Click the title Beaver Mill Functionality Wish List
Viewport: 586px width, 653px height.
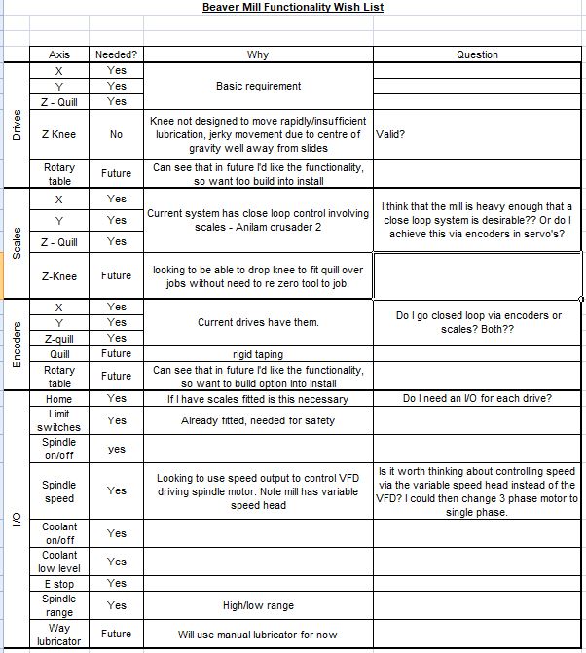pos(293,7)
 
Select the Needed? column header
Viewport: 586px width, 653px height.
pos(116,54)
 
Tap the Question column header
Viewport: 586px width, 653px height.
pos(477,54)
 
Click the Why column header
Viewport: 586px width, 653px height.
pos(258,54)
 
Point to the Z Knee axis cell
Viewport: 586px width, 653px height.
pos(59,135)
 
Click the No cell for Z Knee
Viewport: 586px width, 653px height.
pos(116,135)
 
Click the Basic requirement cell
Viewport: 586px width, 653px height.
pos(258,86)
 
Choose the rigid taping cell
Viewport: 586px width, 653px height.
pos(258,354)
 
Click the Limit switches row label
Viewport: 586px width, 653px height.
pos(59,420)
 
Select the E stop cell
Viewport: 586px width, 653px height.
pos(59,584)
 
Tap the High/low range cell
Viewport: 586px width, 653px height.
pos(258,605)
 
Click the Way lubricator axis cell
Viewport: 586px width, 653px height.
pos(59,634)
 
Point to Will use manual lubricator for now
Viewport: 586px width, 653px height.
pos(258,634)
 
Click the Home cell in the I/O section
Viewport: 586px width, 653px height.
pos(59,399)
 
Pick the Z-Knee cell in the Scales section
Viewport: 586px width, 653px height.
pos(59,276)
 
